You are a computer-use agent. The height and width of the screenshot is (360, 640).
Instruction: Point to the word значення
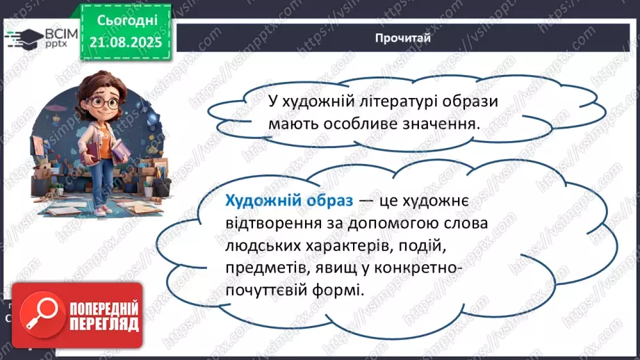tap(443, 124)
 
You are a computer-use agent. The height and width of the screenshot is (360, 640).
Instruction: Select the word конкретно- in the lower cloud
tap(409, 268)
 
